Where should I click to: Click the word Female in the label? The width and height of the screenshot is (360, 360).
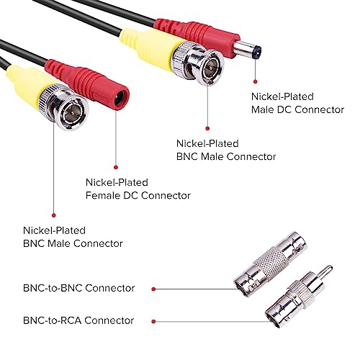pos(104,195)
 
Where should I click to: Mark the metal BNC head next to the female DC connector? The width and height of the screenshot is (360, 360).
pos(72,108)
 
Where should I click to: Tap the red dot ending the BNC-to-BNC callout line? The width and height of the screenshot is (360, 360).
pos(238,288)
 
